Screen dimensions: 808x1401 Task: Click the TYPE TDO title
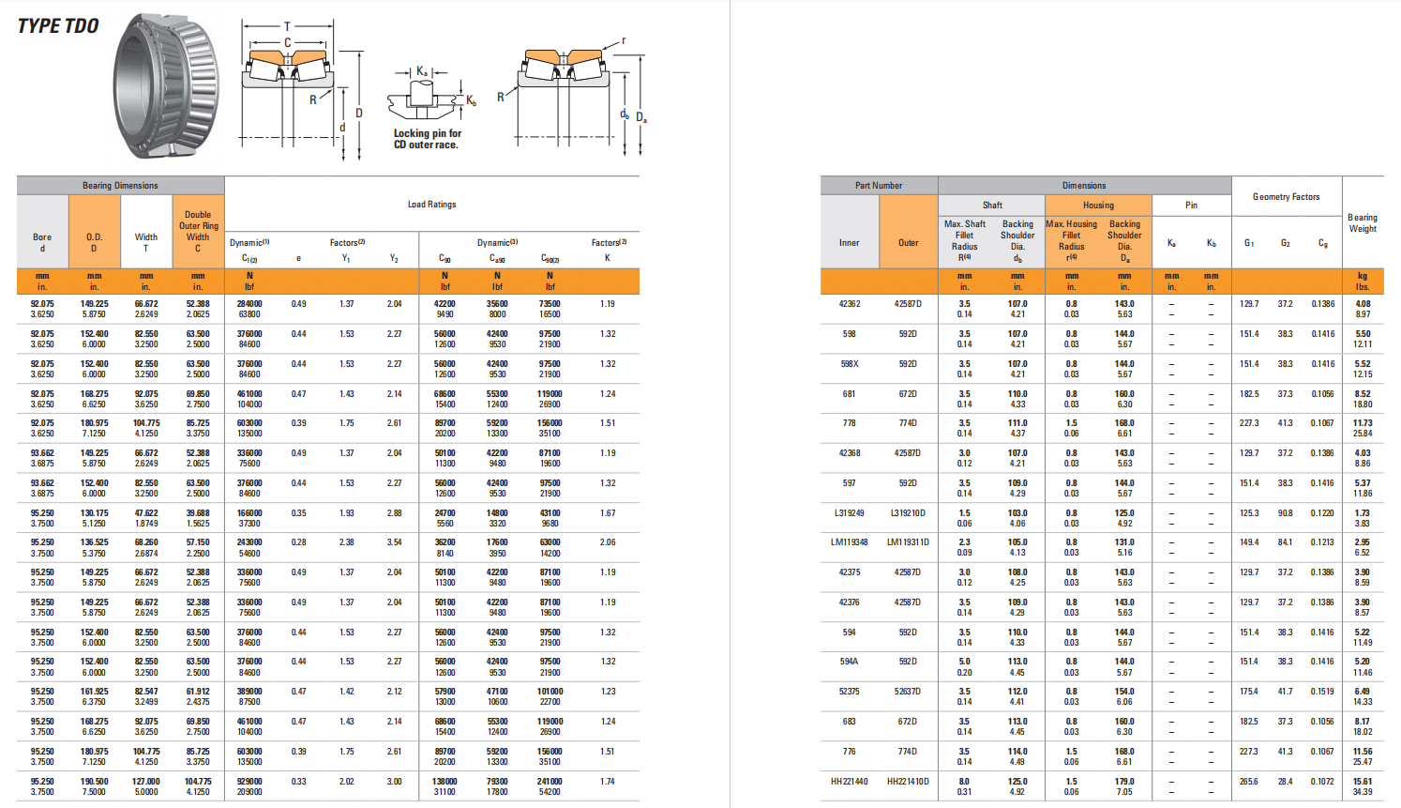(x=58, y=26)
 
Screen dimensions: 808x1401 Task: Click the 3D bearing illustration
(x=166, y=86)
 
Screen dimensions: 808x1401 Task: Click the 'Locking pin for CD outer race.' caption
(x=427, y=139)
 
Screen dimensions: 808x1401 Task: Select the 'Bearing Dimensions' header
(x=120, y=185)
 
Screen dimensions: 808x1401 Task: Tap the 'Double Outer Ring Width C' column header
(x=198, y=232)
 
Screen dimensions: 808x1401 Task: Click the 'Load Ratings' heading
(x=431, y=204)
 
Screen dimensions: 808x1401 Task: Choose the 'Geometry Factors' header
(x=1286, y=197)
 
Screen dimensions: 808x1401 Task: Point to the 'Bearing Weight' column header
(x=1362, y=222)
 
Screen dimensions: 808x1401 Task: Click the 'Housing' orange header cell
(x=1098, y=205)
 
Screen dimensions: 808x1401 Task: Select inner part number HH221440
(x=849, y=781)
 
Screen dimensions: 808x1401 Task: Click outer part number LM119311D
(x=908, y=541)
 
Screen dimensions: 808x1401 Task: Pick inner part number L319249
(x=849, y=512)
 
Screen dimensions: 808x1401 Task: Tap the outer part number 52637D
(x=908, y=691)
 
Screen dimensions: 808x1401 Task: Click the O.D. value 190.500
(x=94, y=781)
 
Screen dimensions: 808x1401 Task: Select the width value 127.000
(x=146, y=781)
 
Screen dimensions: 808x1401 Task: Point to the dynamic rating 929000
(x=249, y=781)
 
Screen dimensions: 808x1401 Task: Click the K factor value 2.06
(x=608, y=541)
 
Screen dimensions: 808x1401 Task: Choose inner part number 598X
(x=849, y=363)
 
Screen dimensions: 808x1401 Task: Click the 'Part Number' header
(x=879, y=185)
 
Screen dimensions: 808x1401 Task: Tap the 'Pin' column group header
(x=1191, y=205)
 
